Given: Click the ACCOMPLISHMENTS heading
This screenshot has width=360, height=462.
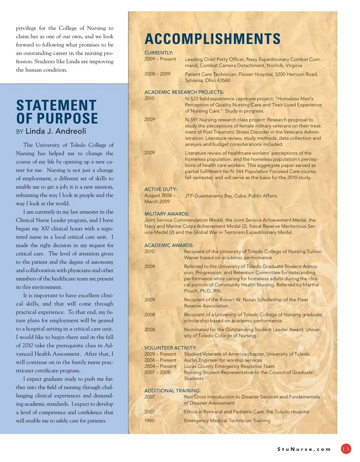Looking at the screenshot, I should coord(212,39).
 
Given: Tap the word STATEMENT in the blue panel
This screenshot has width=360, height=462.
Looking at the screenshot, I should coord(56,105).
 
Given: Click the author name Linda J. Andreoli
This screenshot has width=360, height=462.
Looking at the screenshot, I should coord(56,131).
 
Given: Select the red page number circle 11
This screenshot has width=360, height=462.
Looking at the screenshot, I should coord(346,449).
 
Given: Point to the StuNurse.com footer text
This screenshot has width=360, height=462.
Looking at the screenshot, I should coord(304,449).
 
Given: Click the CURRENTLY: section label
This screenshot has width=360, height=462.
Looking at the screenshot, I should coord(159,53).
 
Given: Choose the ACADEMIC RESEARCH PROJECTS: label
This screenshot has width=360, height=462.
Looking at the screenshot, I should coord(184,92).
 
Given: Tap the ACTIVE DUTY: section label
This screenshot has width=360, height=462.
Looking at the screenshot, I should coord(160,189).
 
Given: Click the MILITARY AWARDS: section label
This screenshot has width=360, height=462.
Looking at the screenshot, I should coord(166,214).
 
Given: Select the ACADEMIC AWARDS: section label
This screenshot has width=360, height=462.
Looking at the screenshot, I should coord(169,245).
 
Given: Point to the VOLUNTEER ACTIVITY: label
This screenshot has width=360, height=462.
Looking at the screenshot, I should coord(170,348).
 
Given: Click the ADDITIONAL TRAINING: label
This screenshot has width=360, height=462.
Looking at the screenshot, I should coord(172,390).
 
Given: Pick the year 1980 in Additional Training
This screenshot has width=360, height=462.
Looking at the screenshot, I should coord(149,421).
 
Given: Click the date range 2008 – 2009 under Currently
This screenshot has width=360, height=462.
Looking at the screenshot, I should coord(157,74).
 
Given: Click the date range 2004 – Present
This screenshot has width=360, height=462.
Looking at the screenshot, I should coord(160,366).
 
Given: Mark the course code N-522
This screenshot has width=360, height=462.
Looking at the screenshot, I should coord(192,99).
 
